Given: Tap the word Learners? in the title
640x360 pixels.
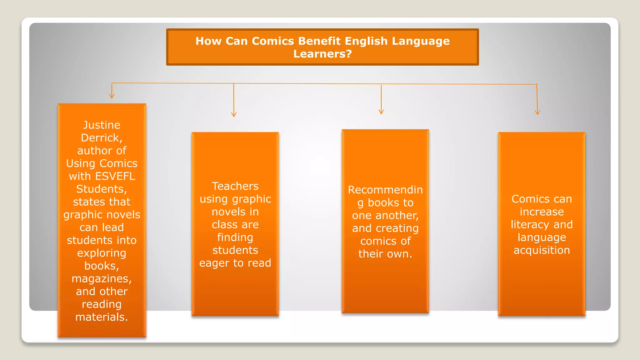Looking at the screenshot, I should click(x=322, y=54).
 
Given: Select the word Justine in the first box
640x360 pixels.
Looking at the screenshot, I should click(x=102, y=125).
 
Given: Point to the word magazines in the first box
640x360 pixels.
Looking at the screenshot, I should click(x=101, y=279).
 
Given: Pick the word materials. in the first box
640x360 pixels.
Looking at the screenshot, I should click(x=102, y=317).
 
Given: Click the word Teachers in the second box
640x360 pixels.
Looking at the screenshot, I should click(x=235, y=186).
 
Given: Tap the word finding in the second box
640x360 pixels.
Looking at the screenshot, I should click(x=235, y=237).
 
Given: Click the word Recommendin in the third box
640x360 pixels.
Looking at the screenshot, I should click(x=385, y=190).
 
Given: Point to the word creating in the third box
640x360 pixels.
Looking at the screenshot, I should click(x=397, y=228).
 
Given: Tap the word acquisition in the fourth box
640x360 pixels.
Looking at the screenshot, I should click(x=542, y=250).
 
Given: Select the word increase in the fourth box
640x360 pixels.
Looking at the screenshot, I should click(x=542, y=212).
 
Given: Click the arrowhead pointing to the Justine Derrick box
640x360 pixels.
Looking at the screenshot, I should click(x=112, y=96).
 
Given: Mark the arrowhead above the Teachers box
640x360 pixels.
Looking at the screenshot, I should click(x=234, y=114).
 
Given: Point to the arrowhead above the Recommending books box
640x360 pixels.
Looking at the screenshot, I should click(x=381, y=112).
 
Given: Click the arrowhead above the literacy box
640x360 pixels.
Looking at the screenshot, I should click(x=537, y=112).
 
